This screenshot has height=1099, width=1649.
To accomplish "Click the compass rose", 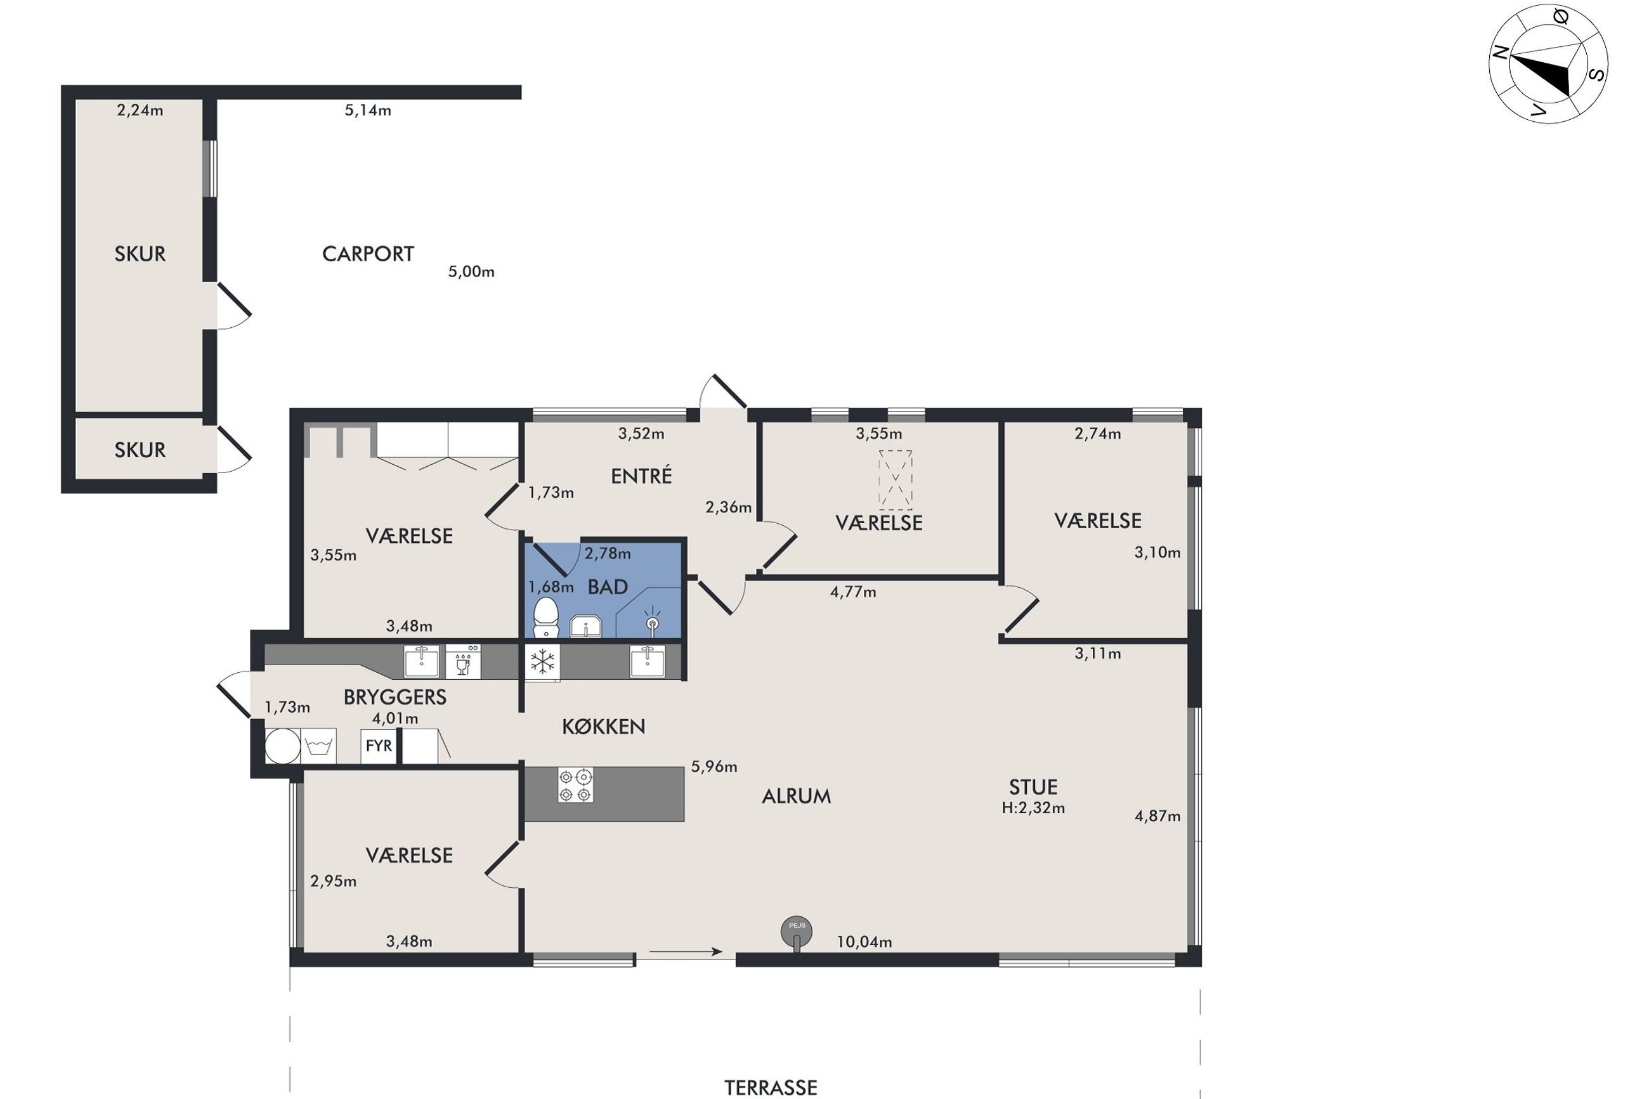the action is click(1548, 65).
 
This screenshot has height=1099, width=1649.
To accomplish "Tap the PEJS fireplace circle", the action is click(797, 932).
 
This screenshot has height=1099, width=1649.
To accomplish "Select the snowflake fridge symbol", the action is click(542, 662).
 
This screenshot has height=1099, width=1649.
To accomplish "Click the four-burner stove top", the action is click(575, 785).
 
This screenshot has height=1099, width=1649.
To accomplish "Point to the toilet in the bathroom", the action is click(545, 618).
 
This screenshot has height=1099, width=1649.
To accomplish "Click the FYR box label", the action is click(379, 745).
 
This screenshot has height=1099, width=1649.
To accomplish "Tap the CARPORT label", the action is click(368, 254).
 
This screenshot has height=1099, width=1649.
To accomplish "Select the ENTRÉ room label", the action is click(641, 476).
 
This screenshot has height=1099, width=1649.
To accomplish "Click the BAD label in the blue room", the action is click(608, 587).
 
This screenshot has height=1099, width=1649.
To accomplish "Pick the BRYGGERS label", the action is click(394, 697).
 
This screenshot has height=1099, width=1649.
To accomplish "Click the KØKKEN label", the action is click(603, 726).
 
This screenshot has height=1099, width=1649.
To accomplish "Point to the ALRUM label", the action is click(796, 797).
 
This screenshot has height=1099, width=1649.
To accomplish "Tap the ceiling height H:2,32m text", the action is click(1033, 808).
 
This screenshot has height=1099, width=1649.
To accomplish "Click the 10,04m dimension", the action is click(864, 942).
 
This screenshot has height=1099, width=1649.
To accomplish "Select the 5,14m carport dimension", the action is click(368, 110).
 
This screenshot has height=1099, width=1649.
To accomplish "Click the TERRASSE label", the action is click(770, 1087).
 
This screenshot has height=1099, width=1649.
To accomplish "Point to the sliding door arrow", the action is click(686, 951).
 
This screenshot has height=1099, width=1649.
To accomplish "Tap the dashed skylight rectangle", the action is click(896, 479).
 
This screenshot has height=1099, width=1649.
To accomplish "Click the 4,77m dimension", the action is click(853, 592).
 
